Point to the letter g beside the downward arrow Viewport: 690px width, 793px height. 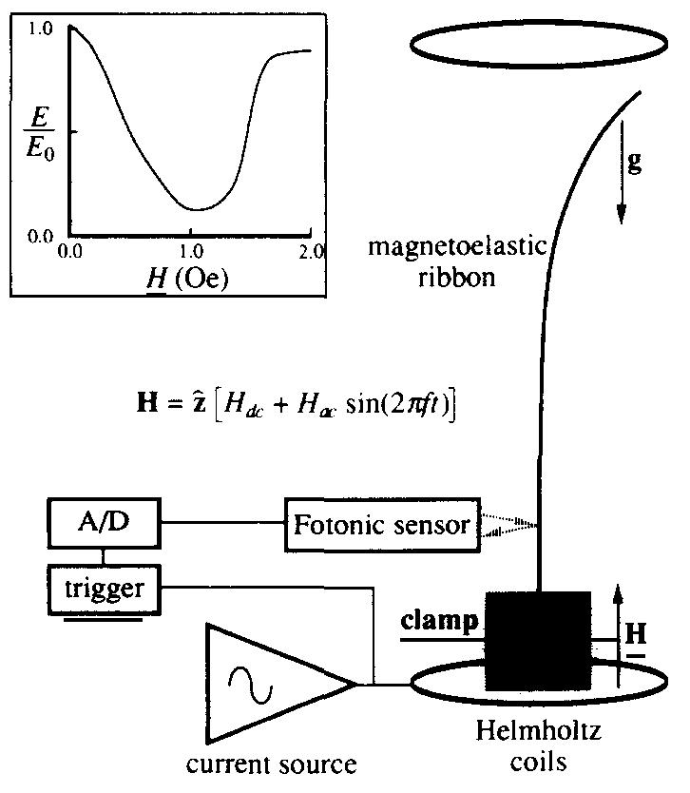[x=635, y=162]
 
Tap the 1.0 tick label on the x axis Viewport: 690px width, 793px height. [x=190, y=251]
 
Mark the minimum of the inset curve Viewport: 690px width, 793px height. [x=195, y=208]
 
